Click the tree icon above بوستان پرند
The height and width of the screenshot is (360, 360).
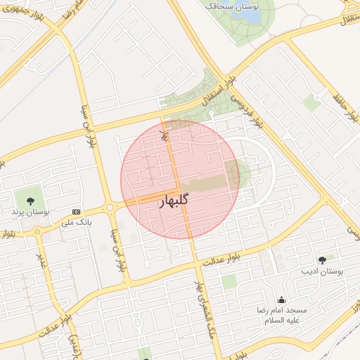[x=30, y=201]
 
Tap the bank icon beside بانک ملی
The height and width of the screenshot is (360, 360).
[x=76, y=212]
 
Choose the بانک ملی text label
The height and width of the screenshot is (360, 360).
[x=77, y=223]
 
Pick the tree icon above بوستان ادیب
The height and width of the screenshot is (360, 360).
[x=322, y=260]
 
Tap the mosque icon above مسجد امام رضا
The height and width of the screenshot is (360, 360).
[x=282, y=300]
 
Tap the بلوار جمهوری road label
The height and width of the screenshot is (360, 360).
[x=27, y=13]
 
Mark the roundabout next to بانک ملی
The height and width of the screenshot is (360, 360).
[x=110, y=207]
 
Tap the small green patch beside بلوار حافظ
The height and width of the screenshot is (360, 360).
[x=311, y=103]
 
